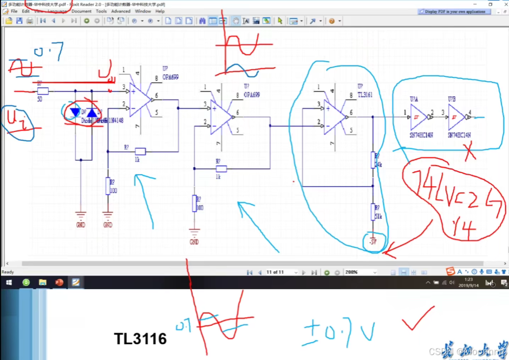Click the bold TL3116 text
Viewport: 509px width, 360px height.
point(140,339)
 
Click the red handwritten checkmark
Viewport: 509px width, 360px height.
point(417,319)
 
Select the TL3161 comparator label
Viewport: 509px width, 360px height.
point(365,94)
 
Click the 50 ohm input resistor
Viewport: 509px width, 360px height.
point(43,91)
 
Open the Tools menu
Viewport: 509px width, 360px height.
point(101,11)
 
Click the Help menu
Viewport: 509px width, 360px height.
point(160,11)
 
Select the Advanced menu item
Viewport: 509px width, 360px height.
point(121,11)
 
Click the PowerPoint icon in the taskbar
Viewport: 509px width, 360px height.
point(60,282)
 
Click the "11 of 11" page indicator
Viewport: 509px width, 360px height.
point(275,272)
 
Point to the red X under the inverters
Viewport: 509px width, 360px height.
point(471,153)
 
